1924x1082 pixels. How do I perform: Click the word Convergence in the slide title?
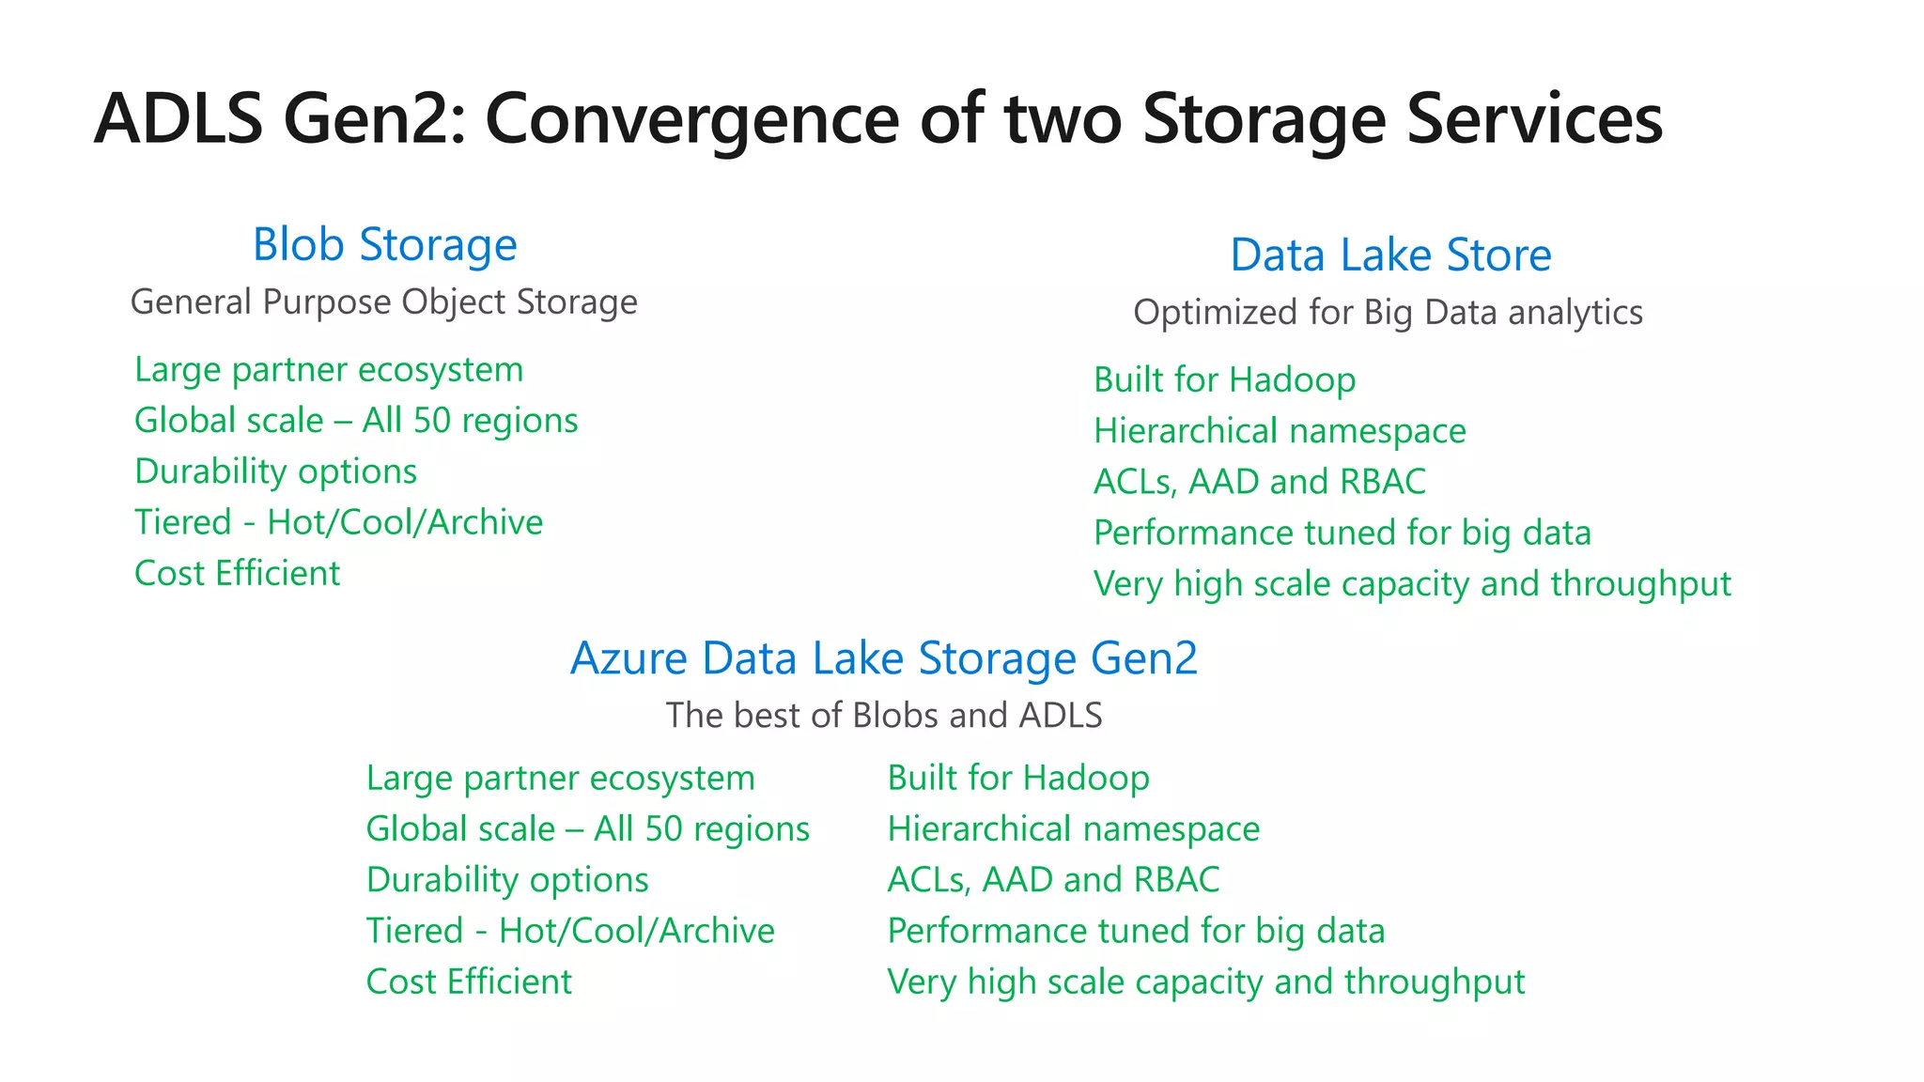691,119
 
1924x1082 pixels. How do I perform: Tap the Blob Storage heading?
384,245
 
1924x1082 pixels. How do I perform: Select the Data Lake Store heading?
1390,255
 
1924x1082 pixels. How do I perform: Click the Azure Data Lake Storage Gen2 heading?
883,658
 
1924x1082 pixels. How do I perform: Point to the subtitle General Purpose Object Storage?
383,302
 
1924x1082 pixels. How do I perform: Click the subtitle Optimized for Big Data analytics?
1388,313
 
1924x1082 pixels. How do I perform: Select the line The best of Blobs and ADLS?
883,716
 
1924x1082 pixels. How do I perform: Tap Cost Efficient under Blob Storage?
237,574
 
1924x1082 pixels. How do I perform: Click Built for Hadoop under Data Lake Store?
1224,380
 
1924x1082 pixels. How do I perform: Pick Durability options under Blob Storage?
275,471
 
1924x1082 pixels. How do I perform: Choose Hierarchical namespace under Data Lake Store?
1280,431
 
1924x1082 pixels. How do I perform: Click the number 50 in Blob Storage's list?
432,421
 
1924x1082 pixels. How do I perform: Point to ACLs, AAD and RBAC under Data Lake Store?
1259,482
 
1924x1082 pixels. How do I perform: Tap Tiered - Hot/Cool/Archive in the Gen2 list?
570,931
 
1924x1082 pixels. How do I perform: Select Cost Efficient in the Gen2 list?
469,982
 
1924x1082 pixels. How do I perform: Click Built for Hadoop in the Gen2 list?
1018,779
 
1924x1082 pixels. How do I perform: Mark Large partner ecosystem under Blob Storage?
329,370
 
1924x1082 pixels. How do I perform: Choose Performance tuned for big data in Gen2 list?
1136,931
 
